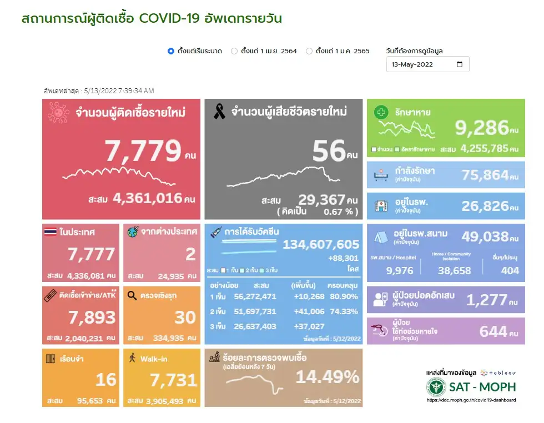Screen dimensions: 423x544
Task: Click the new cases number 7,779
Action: [x=143, y=150]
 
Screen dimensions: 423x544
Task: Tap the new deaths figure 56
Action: [x=329, y=150]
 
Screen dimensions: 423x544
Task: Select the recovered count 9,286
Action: [x=482, y=128]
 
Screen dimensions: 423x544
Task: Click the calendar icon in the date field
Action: [x=460, y=64]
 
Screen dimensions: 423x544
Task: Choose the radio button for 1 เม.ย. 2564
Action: [x=234, y=51]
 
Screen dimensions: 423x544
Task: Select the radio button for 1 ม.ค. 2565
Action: [x=309, y=51]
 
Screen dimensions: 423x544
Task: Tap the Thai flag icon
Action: [x=51, y=233]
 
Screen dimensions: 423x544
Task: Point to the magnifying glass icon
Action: [x=132, y=296]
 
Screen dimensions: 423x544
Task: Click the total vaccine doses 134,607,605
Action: [x=321, y=245]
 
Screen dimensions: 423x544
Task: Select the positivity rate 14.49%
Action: [x=327, y=377]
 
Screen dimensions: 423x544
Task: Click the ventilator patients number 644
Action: [x=493, y=332]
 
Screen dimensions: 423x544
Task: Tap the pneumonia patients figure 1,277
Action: [x=487, y=301]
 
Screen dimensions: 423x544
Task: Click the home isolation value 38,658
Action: [x=454, y=271]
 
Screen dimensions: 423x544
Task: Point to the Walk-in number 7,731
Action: [x=173, y=380]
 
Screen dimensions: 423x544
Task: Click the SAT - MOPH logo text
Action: [x=483, y=387]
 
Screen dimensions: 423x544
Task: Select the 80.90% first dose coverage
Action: [x=343, y=296]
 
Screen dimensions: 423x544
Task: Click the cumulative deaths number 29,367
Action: [x=321, y=200]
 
